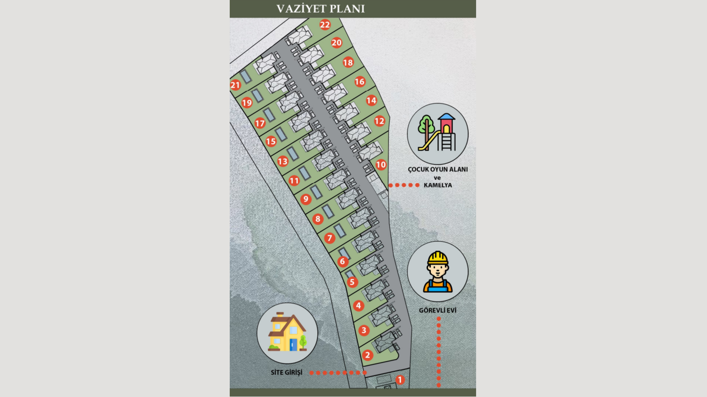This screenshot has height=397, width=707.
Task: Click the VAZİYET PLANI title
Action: click(321, 9)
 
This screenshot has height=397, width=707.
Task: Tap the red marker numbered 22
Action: click(325, 25)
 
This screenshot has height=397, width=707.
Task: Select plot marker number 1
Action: click(400, 380)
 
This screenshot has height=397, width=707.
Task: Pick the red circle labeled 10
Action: click(381, 165)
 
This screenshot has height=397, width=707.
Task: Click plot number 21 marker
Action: click(235, 85)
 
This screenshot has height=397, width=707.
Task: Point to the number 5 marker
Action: click(352, 282)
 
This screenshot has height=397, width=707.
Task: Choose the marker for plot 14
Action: click(372, 101)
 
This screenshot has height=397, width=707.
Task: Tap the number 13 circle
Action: click(283, 161)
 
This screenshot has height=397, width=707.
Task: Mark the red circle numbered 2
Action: click(368, 355)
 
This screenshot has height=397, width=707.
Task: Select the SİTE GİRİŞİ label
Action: click(287, 372)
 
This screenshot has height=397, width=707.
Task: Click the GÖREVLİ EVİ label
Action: click(437, 310)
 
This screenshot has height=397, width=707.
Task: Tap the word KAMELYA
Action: click(438, 185)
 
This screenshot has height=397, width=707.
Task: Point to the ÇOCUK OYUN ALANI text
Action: click(438, 169)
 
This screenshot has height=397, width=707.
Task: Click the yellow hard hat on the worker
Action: click(438, 258)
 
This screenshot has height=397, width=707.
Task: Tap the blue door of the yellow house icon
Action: click(293, 344)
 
